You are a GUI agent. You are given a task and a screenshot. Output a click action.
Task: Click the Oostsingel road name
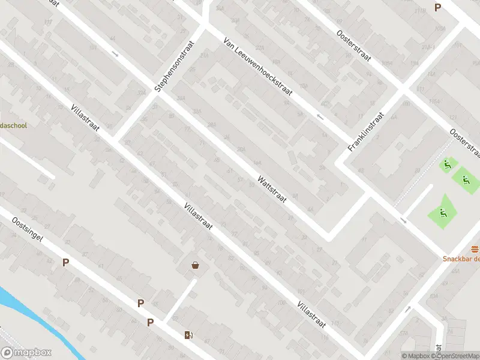click(x=28, y=230)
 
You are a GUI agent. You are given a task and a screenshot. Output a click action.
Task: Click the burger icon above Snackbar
click(x=475, y=249)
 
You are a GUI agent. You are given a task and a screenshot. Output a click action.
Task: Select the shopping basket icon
click(x=195, y=265)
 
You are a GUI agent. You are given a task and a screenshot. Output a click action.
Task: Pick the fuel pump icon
click(x=188, y=335)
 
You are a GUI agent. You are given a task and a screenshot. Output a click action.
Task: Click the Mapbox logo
click(x=26, y=353)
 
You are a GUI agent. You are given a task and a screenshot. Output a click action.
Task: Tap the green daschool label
click(x=13, y=125)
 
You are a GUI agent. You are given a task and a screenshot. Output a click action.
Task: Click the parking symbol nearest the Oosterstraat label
click(x=437, y=7)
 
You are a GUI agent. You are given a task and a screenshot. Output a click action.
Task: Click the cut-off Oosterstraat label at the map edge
click(x=466, y=141)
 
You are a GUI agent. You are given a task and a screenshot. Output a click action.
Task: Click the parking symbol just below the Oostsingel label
click(x=65, y=262)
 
